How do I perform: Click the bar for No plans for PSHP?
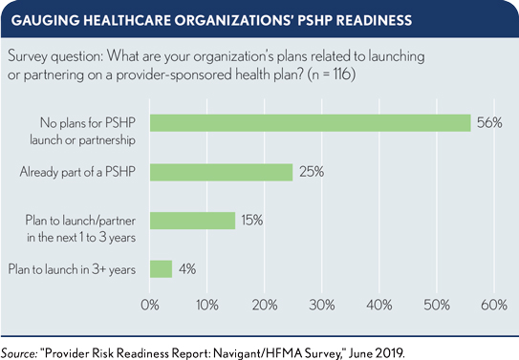pos(310,122)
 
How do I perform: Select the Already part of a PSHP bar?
pos(221,172)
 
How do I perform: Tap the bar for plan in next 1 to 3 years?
pos(192,221)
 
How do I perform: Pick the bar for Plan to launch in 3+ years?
pos(161,269)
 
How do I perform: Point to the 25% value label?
pos(311,172)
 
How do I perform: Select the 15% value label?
pos(252,221)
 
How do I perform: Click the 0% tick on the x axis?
pos(150,306)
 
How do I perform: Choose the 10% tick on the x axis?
pos(206,306)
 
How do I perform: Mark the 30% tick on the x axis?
pos(321,306)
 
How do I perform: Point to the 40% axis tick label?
pos(378,306)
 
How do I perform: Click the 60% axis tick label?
pos(493,306)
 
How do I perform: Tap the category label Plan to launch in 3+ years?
pos(73,269)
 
